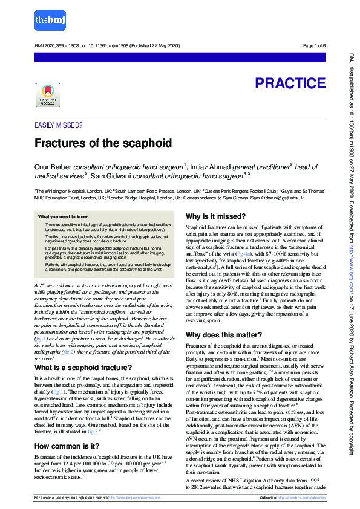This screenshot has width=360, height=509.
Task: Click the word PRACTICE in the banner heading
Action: coord(290,83)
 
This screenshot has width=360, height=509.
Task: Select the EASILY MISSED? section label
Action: coord(59,126)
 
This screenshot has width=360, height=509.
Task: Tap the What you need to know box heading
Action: coord(63,216)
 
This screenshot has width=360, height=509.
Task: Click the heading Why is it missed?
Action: coord(215,216)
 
